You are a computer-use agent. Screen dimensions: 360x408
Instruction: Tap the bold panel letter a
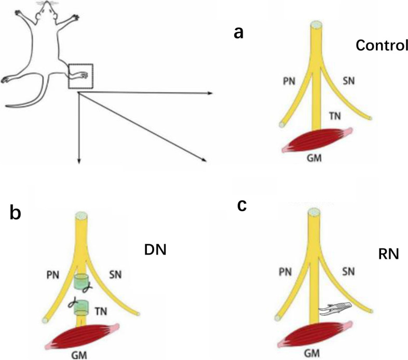click(x=239, y=32)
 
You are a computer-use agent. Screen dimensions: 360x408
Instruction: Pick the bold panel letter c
click(x=241, y=205)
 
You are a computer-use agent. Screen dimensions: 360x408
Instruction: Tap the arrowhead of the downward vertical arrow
click(x=78, y=161)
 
